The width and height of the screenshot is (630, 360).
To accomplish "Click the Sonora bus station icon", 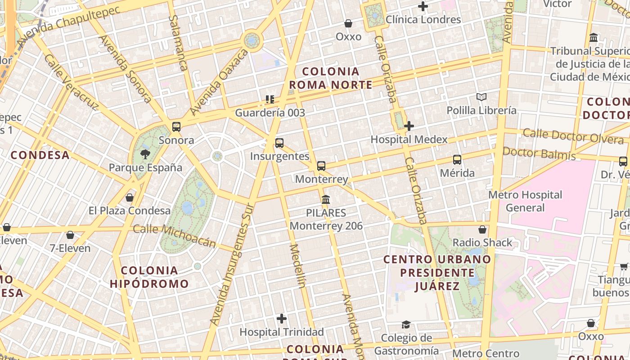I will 176,127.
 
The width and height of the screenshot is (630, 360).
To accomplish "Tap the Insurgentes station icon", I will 279,143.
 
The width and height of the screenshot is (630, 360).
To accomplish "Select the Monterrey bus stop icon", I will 321,166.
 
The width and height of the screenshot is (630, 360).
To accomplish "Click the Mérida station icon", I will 457,160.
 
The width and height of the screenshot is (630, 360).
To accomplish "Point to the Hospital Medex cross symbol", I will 409,126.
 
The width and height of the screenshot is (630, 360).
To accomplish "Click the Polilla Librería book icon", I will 481,97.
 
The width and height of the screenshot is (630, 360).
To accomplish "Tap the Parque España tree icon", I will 145,155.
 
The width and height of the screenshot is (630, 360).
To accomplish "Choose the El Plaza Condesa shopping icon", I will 130,198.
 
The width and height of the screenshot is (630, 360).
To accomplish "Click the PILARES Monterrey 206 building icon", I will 326,199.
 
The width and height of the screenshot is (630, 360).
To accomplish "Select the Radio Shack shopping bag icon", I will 482,230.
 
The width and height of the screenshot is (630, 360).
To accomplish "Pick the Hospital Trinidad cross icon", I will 282,319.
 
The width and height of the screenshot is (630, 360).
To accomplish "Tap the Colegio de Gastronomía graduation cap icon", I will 406,324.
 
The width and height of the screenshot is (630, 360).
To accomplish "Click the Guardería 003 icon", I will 270,99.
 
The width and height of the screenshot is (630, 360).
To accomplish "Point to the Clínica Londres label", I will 423,20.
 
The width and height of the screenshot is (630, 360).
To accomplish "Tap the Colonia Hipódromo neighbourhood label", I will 149,277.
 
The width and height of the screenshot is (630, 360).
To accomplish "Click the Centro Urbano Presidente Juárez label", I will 437,272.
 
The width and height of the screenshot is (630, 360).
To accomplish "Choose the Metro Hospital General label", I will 525,201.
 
